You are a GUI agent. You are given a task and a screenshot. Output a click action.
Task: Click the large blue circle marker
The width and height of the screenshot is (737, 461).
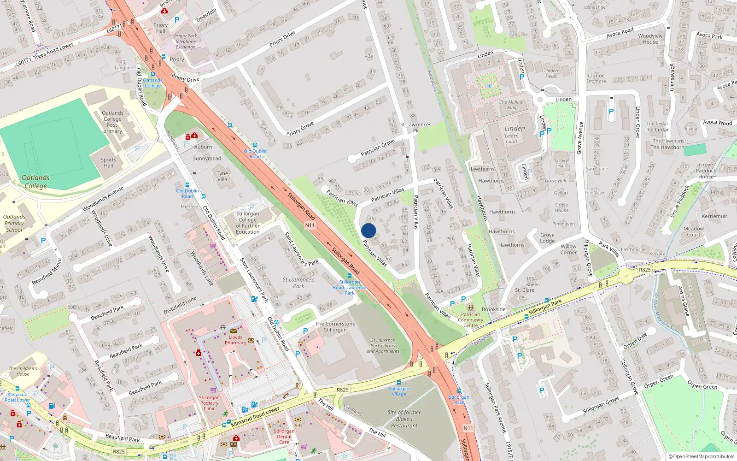[x=368, y=230]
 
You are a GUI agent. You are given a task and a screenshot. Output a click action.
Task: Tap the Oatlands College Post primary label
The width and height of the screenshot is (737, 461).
[x=112, y=122]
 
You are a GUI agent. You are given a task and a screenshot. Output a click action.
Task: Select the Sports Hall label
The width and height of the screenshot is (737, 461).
[x=109, y=163]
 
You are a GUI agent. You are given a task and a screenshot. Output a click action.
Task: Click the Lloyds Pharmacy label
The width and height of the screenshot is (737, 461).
[x=235, y=340]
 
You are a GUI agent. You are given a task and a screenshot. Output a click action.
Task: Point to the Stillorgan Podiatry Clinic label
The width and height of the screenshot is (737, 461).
[x=209, y=403]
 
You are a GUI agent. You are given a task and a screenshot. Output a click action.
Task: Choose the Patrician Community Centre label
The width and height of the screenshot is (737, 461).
[x=470, y=320]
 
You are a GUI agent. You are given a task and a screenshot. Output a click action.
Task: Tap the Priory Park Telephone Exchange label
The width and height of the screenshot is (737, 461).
[x=185, y=41]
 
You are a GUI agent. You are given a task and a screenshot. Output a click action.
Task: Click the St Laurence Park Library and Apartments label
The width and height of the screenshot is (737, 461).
[x=383, y=346]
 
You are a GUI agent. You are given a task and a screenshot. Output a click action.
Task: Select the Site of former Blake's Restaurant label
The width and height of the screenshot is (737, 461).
[x=404, y=419]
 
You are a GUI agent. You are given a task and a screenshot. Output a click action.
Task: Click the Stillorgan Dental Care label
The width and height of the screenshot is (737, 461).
[x=284, y=437]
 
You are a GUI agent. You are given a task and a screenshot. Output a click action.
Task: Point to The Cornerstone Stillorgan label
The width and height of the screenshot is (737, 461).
[x=335, y=327]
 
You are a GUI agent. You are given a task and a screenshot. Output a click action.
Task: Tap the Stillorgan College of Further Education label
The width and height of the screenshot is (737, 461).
[x=248, y=223]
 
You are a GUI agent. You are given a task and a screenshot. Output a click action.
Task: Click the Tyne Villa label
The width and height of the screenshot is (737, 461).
[x=222, y=177]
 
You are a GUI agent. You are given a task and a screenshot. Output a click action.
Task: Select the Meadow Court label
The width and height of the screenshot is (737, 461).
[x=693, y=231]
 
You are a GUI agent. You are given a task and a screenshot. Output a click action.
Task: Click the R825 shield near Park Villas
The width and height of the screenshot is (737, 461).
[x=645, y=270]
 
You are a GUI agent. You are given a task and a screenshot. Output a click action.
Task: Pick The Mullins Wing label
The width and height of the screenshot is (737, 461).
[x=511, y=105]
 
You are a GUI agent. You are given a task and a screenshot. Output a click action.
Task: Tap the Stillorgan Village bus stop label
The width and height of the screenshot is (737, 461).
[x=399, y=391]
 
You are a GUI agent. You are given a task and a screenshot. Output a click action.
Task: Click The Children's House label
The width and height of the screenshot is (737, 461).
[x=23, y=371]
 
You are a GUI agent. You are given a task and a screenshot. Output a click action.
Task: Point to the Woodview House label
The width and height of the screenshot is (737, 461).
[x=650, y=39]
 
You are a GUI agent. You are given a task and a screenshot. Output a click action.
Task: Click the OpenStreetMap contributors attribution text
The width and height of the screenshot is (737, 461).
[x=702, y=456]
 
